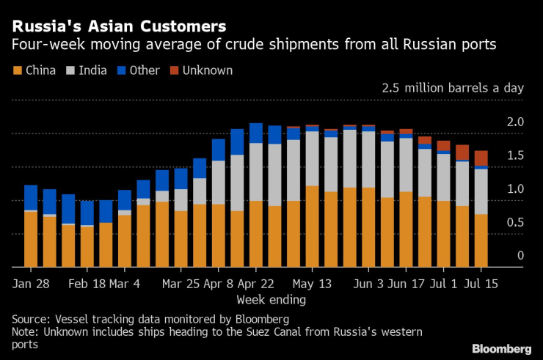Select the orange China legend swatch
pyautogui.click(x=17, y=71)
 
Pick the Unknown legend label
pyautogui.click(x=208, y=71)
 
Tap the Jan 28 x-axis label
pyautogui.click(x=31, y=283)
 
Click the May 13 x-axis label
pyautogui.click(x=313, y=283)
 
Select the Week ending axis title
pyautogui.click(x=271, y=300)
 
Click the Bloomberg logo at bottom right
pyautogui.click(x=501, y=348)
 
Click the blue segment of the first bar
pyautogui.click(x=31, y=197)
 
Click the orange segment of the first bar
pyautogui.click(x=31, y=239)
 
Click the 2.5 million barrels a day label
pyautogui.click(x=452, y=88)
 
